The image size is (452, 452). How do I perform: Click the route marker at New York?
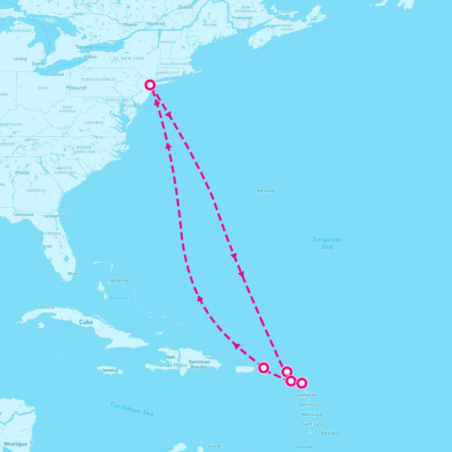(150, 85)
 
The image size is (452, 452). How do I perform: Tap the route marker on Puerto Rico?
(264, 367)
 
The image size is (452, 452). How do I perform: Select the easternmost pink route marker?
(301, 383)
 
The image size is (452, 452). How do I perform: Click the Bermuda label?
(266, 191)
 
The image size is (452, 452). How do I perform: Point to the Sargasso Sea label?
(327, 243)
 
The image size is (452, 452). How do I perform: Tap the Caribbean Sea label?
(132, 409)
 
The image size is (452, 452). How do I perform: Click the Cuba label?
(86, 322)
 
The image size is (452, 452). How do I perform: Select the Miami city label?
(74, 273)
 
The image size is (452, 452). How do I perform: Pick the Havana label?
(47, 307)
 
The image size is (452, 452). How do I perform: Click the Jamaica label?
(110, 370)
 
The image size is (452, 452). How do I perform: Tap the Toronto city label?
(84, 47)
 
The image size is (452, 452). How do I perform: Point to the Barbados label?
(330, 433)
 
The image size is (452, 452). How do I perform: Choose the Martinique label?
(312, 415)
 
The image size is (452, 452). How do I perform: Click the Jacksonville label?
(56, 216)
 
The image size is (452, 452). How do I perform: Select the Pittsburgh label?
(76, 88)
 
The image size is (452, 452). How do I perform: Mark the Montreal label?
(156, 24)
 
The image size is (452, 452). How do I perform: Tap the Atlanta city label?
(22, 173)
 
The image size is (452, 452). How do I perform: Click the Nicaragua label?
(15, 444)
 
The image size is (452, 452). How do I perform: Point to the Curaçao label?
(214, 446)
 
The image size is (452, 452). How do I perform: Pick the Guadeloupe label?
(306, 395)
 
